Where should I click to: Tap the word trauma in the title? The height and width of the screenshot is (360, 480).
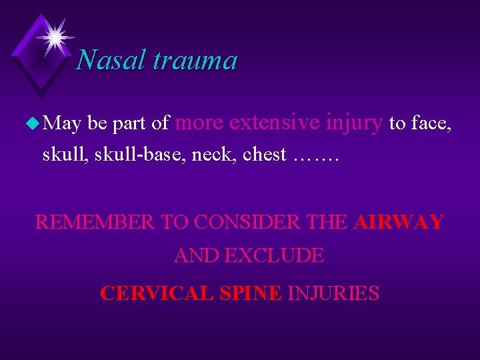pos(195,61)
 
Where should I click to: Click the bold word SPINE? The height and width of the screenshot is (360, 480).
pos(250,293)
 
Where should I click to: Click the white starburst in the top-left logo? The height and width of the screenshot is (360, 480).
pos(55,36)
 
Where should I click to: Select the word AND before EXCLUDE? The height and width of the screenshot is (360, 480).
pos(197,255)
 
